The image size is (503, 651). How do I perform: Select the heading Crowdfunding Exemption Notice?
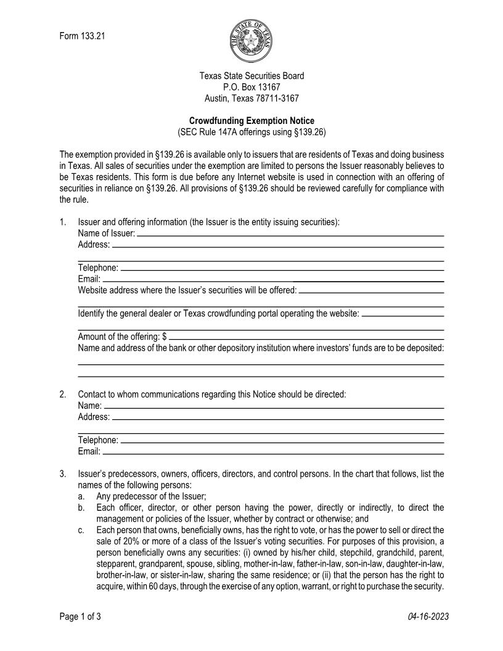[x=251, y=121]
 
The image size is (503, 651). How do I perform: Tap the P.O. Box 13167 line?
[x=251, y=87]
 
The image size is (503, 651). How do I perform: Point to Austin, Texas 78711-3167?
[x=251, y=98]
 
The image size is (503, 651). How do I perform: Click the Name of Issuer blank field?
[x=290, y=232]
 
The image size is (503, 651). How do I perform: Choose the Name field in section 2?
[x=274, y=405]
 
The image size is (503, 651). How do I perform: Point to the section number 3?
[x=63, y=474]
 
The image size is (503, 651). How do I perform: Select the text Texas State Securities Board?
[x=251, y=76]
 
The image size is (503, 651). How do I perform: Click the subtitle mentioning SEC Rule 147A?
[x=251, y=132]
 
